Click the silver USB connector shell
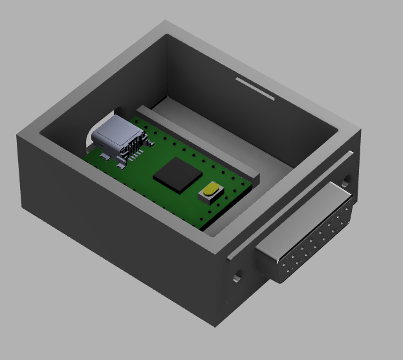[115, 134]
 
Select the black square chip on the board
[177, 175]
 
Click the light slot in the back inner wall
[255, 89]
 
